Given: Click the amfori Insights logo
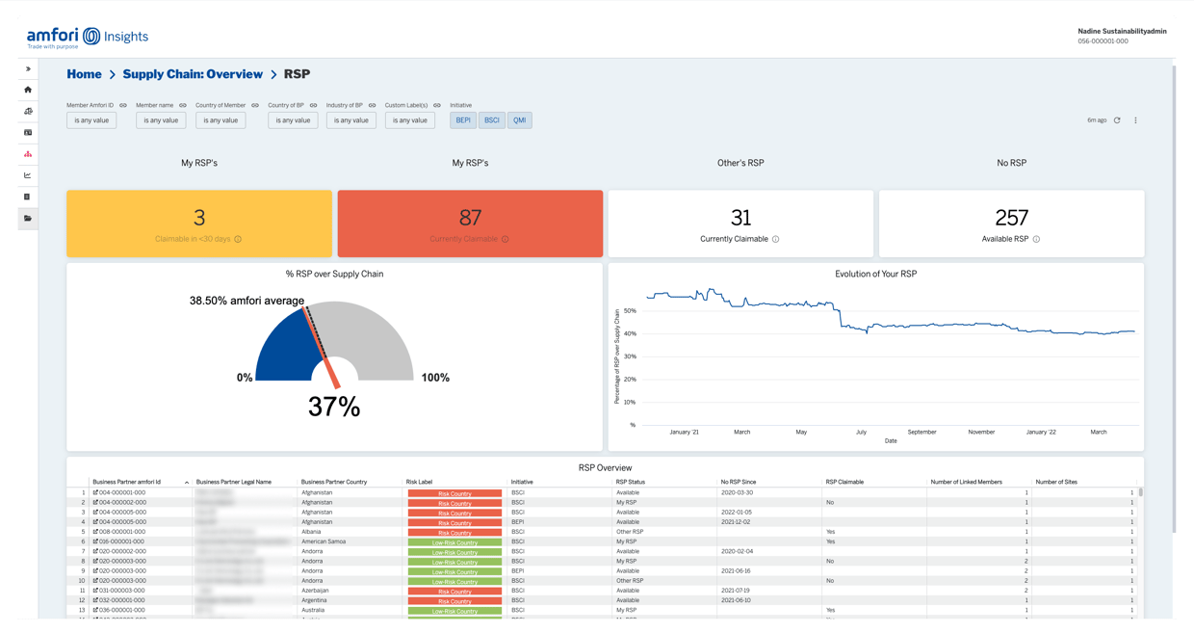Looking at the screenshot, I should pyautogui.click(x=88, y=37).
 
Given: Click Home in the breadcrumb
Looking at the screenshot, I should pyautogui.click(x=84, y=74).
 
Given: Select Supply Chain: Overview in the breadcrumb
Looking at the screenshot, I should pyautogui.click(x=193, y=74).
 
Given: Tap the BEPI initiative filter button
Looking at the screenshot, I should pyautogui.click(x=463, y=120).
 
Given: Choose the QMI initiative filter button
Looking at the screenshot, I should pyautogui.click(x=520, y=120).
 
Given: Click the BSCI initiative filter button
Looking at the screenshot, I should pyautogui.click(x=492, y=120).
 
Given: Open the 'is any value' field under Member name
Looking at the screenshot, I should pyautogui.click(x=161, y=120).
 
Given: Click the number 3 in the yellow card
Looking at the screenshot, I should pyautogui.click(x=199, y=218).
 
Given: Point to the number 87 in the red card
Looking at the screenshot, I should pyautogui.click(x=470, y=218).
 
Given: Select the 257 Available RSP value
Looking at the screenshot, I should pyautogui.click(x=1011, y=218).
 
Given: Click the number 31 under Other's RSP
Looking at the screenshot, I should pyautogui.click(x=740, y=218).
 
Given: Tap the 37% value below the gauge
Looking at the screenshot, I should pyautogui.click(x=334, y=408).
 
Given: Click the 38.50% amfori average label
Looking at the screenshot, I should pyautogui.click(x=247, y=301).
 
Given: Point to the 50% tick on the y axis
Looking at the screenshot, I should pyautogui.click(x=630, y=311).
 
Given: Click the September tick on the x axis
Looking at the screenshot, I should pyautogui.click(x=921, y=432).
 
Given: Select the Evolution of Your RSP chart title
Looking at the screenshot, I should pyautogui.click(x=875, y=274).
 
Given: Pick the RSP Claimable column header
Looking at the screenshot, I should pyautogui.click(x=844, y=482).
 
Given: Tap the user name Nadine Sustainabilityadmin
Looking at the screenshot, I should pyautogui.click(x=1122, y=31).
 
